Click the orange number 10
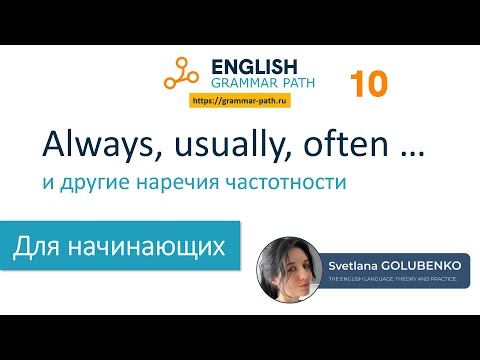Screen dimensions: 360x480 click(369, 84)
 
